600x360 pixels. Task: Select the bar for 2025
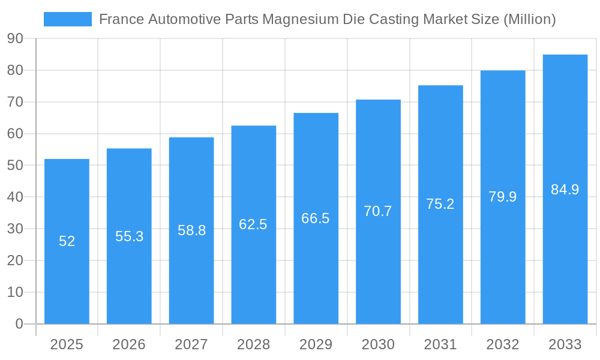click(x=67, y=270)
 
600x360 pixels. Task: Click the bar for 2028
click(x=254, y=270)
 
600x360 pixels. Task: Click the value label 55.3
click(x=129, y=236)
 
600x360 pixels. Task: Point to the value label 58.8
click(x=191, y=230)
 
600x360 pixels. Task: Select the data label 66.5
click(x=316, y=218)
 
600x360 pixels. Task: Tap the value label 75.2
click(x=440, y=204)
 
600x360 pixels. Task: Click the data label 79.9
click(x=503, y=197)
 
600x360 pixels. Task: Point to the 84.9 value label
click(x=565, y=190)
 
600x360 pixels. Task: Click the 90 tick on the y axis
click(x=16, y=39)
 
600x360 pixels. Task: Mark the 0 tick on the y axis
click(x=19, y=324)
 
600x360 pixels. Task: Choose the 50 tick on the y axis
click(x=16, y=166)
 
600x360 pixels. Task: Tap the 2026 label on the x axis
click(x=129, y=344)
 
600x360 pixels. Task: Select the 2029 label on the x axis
click(x=316, y=344)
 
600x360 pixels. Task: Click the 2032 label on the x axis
click(x=503, y=344)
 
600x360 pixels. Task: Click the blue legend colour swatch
click(x=68, y=19)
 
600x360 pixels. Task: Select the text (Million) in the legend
click(x=530, y=19)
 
